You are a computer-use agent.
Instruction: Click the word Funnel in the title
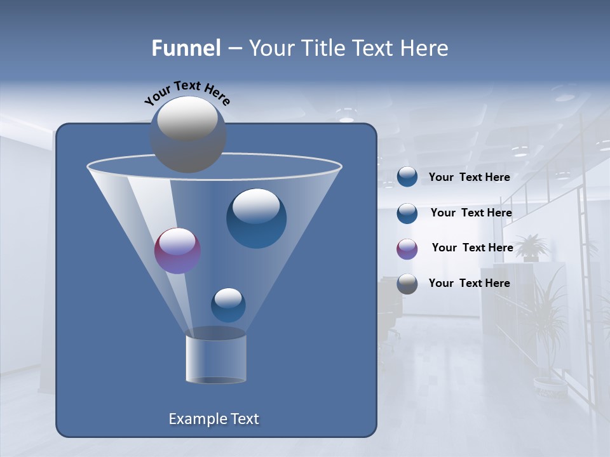click(186, 48)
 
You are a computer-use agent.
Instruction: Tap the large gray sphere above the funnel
click(187, 134)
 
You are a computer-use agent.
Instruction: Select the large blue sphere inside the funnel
click(256, 218)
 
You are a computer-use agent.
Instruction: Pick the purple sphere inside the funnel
click(178, 251)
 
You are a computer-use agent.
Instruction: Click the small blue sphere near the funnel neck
click(228, 305)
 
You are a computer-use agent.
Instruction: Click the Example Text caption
click(214, 419)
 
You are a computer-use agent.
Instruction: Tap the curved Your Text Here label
click(187, 92)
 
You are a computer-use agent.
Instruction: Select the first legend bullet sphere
click(407, 177)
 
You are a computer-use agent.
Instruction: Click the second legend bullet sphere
click(407, 213)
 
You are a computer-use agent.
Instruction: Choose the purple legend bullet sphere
click(407, 248)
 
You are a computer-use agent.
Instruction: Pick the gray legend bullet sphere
click(407, 284)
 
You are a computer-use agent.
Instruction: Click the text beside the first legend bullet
click(469, 178)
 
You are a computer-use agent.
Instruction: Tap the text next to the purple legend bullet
click(472, 248)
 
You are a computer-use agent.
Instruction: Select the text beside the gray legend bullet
click(469, 284)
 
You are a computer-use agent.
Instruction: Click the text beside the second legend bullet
click(471, 213)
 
